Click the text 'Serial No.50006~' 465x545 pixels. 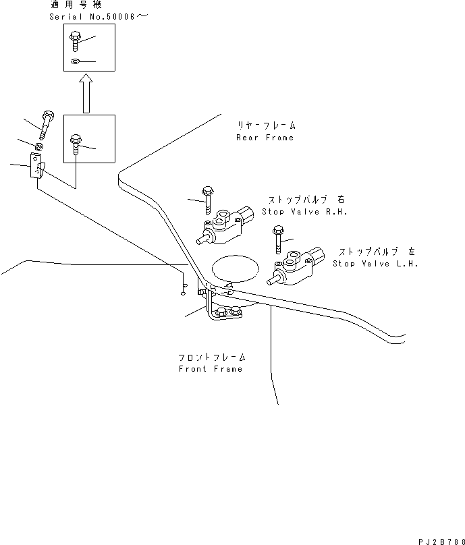99,16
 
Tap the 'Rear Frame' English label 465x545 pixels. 265,138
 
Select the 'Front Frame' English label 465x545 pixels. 211,369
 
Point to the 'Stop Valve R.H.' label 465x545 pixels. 304,212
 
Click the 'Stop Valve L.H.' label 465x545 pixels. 375,264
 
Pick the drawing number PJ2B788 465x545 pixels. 441,542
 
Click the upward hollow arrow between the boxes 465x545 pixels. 86,94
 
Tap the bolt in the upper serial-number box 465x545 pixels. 75,41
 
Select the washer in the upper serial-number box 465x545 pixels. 76,61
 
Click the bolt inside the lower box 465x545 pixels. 76,144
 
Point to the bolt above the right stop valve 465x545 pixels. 207,200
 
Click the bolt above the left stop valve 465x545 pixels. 278,240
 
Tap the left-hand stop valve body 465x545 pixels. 296,266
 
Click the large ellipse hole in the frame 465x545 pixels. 236,268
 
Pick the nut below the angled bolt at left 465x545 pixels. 39,146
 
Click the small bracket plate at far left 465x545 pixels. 37,166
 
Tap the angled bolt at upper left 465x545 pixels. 47,125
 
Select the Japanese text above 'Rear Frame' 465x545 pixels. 267,125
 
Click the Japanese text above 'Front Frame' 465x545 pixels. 212,357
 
